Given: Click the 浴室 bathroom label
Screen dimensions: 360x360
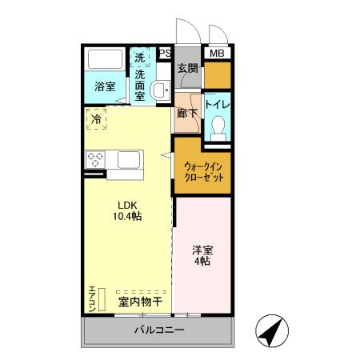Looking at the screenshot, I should pos(104,86).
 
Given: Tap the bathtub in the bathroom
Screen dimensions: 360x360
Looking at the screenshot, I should pos(104,62).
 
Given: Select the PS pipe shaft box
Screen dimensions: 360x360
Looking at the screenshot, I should pos(165,54).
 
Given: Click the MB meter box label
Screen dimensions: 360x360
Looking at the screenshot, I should pos(217,54).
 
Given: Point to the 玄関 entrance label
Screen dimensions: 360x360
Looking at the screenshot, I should pos(187,69).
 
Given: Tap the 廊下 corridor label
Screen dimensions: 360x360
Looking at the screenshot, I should pos(186,113).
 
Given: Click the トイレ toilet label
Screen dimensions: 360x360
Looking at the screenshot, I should pos(218,104).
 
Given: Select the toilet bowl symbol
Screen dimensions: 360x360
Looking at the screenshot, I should pos(218,128).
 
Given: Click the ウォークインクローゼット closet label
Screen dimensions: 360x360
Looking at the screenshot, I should pos(207,171).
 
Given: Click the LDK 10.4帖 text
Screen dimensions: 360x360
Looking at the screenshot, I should pos(126,210).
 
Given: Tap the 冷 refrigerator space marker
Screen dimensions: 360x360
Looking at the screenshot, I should pos(96,119).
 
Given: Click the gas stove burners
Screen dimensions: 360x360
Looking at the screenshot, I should pos(97,158).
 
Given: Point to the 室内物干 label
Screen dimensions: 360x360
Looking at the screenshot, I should pos(140,302).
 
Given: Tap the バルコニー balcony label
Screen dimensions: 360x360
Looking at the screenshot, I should pos(159,330).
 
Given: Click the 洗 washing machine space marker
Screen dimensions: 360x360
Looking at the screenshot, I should pos(140,58).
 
